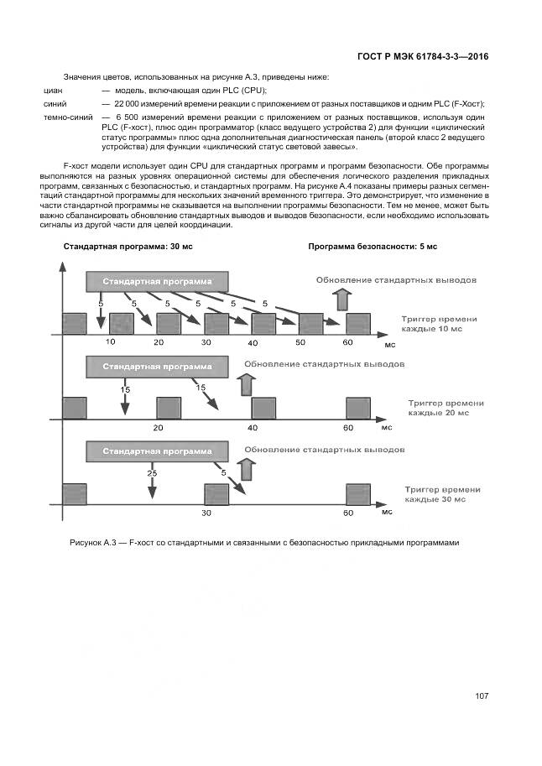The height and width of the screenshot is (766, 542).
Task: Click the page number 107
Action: [481, 696]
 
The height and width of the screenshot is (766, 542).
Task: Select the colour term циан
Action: [53, 90]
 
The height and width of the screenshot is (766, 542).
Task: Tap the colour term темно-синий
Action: [68, 117]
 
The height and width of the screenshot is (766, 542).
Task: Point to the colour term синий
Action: [55, 103]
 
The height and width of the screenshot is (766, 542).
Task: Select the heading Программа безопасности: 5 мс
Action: [373, 247]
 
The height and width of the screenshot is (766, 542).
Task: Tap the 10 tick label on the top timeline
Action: [110, 342]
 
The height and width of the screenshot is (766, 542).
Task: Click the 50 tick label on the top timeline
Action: [301, 342]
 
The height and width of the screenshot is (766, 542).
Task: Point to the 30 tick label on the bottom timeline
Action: [206, 513]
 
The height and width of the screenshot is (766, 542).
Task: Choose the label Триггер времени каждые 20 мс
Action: [446, 408]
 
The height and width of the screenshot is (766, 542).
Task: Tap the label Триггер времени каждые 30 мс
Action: [442, 493]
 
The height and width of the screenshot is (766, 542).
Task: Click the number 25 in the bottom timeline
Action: [152, 473]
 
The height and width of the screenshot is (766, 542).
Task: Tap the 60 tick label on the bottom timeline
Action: [349, 513]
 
